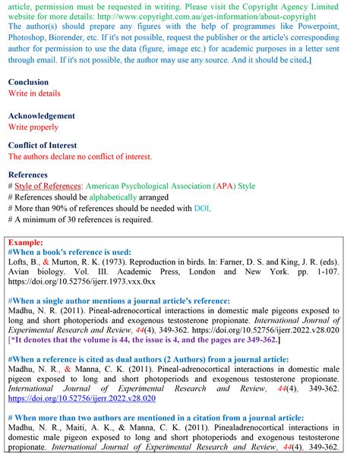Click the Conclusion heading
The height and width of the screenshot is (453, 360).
[28, 82]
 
